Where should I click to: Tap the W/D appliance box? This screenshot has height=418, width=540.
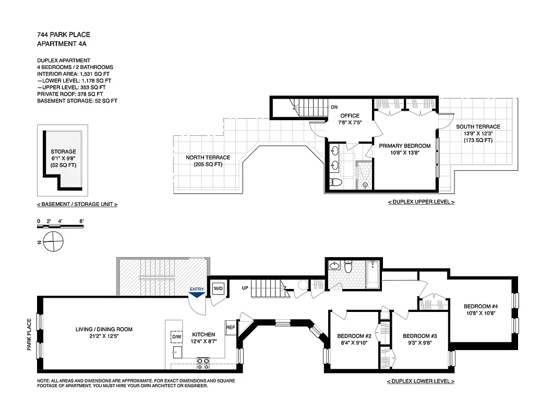(218, 288)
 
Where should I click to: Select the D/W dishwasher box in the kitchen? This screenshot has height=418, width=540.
(176, 338)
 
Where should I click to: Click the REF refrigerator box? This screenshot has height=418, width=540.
(231, 328)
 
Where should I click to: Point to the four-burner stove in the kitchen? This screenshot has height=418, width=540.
(202, 361)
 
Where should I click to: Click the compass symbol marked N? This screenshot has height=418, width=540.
(53, 242)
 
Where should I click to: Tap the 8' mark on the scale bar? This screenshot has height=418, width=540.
(81, 222)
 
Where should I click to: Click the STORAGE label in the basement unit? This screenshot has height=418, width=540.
(63, 152)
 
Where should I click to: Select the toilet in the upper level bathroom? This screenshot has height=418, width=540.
(336, 182)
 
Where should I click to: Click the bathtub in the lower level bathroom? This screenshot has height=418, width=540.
(373, 275)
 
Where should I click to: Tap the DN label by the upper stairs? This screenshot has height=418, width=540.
(334, 108)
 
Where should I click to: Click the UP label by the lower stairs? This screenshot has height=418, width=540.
(245, 288)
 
